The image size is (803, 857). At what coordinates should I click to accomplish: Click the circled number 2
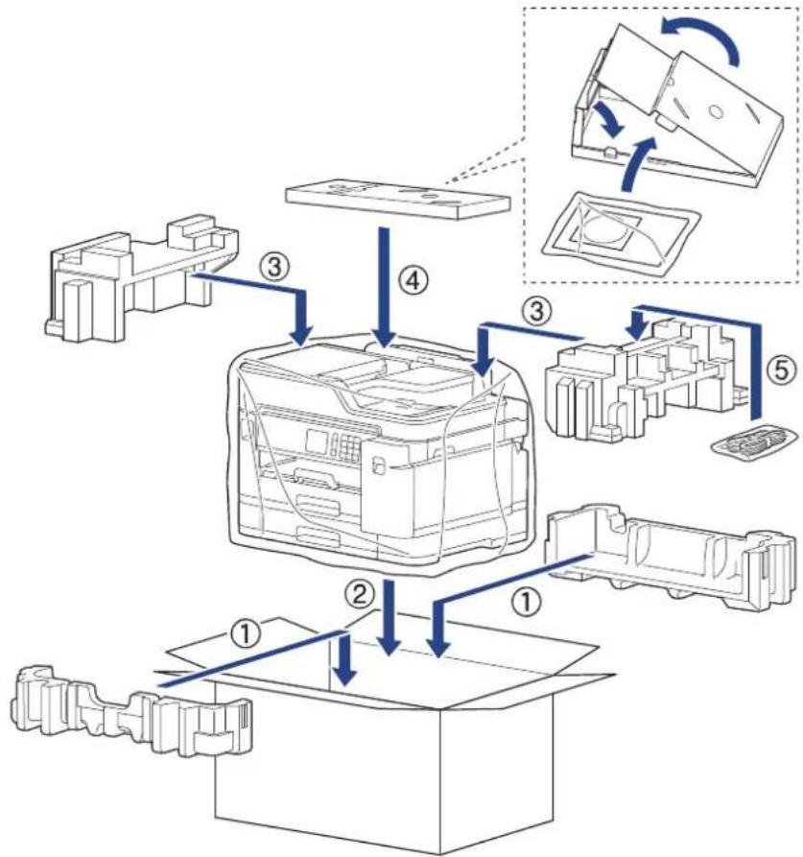(359, 594)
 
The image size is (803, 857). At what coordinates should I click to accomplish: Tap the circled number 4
(413, 282)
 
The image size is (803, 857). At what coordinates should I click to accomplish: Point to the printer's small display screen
(318, 440)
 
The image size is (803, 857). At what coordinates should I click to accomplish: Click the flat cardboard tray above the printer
(398, 200)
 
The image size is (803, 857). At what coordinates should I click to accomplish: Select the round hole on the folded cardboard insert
(715, 110)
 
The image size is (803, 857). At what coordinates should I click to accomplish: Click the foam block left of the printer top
(142, 278)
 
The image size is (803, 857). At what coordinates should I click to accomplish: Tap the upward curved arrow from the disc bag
(636, 164)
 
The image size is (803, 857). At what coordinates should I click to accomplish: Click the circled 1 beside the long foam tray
(527, 602)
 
